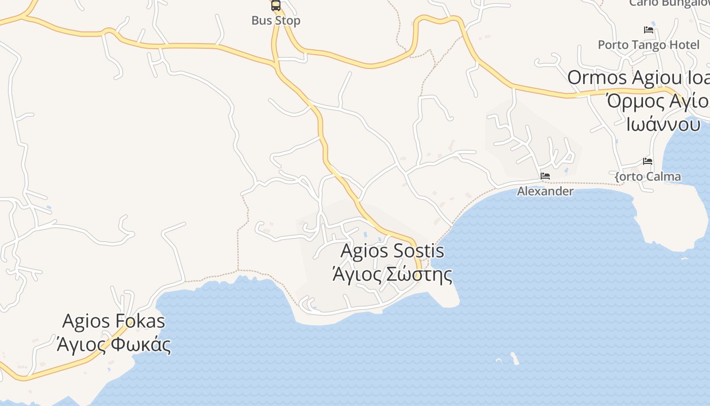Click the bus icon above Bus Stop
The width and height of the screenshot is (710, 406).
(x=276, y=6)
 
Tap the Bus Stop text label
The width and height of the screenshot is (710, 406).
(x=276, y=21)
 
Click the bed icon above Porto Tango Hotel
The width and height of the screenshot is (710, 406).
(x=648, y=29)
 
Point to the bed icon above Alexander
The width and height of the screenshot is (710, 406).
(x=545, y=176)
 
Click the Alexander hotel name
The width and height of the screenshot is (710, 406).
(x=545, y=191)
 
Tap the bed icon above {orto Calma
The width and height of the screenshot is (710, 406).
(x=648, y=161)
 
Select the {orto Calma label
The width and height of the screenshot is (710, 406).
(x=648, y=177)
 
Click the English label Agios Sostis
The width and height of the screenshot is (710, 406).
(x=393, y=251)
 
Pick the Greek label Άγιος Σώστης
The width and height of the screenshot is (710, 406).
(x=392, y=274)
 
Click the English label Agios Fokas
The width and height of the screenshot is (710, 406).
(x=114, y=321)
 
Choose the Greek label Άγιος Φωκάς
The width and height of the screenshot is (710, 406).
(x=114, y=345)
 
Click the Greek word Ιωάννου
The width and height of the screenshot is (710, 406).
(x=663, y=124)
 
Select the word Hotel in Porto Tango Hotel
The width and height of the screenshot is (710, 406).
(x=685, y=45)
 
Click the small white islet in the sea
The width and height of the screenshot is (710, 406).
(x=515, y=358)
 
